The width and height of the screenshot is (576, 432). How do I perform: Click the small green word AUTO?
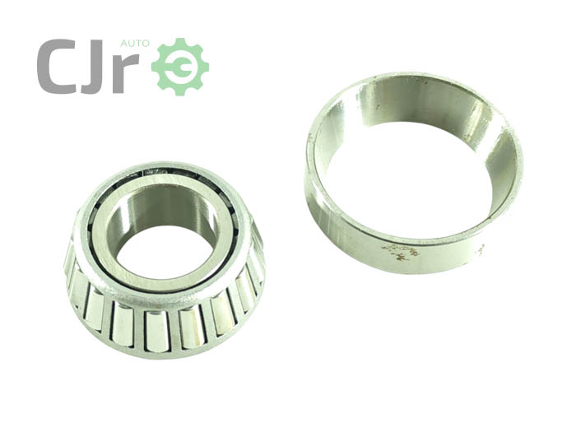[x=135, y=44]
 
